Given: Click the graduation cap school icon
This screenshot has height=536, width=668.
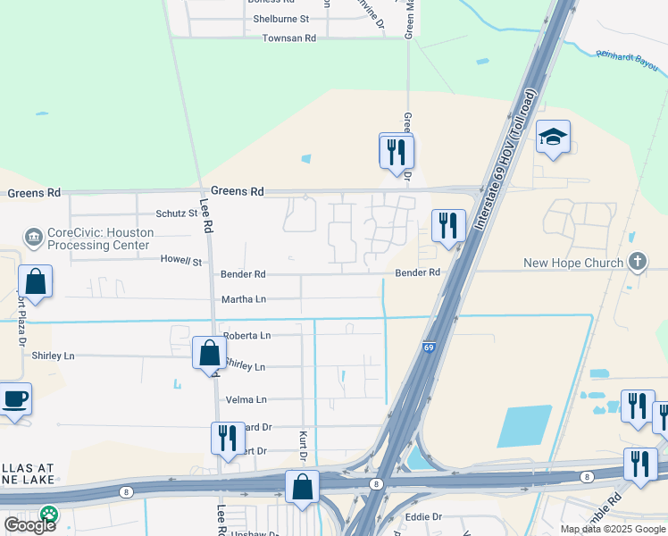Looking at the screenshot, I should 553,137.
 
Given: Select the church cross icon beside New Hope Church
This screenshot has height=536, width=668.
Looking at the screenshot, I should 637,262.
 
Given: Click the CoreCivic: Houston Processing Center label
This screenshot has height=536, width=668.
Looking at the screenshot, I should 100,239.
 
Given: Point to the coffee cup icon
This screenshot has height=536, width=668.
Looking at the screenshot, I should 14,399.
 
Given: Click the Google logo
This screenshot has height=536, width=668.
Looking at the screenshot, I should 29,524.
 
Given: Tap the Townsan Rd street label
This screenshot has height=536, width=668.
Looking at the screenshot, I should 288,38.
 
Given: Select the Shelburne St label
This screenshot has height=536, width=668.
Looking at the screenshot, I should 280,18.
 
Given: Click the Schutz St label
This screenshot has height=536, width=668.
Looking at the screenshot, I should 176,214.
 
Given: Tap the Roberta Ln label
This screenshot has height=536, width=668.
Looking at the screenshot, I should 246,336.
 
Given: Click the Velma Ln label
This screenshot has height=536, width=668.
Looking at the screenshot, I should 247,399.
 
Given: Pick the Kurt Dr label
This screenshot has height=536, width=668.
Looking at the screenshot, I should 303,443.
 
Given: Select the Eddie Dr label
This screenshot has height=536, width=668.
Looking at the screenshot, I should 424,517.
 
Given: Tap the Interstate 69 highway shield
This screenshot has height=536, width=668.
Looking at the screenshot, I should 429,348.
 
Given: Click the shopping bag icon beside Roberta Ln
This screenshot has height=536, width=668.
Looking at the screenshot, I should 209,352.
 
